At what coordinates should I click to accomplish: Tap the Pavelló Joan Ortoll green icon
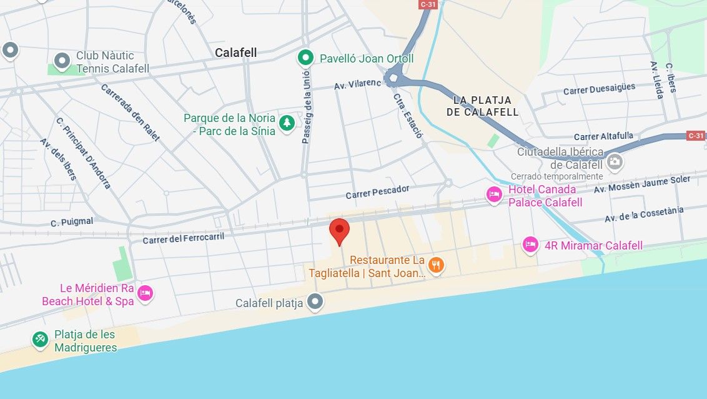[x=305, y=58]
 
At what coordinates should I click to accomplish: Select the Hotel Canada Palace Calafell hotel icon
[x=494, y=195]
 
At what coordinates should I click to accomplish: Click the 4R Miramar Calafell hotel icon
[x=530, y=245]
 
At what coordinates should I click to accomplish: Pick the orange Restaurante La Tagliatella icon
[x=437, y=265]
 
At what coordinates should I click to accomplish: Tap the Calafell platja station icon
[x=316, y=303]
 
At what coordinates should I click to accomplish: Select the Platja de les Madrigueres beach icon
[x=41, y=340]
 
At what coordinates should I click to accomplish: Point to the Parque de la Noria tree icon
[x=287, y=123]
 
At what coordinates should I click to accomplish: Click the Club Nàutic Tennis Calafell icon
[x=62, y=61]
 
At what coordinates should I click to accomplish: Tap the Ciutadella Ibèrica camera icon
[x=615, y=162]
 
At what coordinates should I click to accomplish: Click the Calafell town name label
[x=235, y=53]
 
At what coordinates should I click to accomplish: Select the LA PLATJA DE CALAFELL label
[x=482, y=106]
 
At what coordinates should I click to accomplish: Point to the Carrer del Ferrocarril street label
[x=183, y=238]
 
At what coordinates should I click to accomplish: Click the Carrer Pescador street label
[x=377, y=191]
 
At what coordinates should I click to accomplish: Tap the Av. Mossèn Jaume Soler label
[x=642, y=184]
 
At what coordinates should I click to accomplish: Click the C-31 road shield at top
[x=428, y=4]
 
